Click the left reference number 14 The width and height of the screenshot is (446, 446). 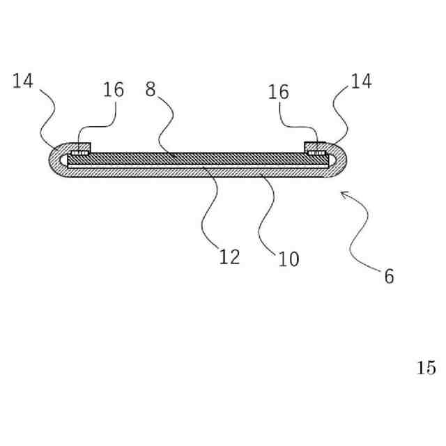[23, 81]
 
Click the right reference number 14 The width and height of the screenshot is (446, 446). [361, 81]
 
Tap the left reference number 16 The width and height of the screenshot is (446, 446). [114, 89]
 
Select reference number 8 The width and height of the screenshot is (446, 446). [150, 89]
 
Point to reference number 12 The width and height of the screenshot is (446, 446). [229, 257]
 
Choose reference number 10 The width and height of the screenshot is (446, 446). [289, 259]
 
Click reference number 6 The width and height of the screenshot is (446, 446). [389, 277]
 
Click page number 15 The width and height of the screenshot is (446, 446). [426, 368]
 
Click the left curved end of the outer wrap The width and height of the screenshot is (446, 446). [53, 160]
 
